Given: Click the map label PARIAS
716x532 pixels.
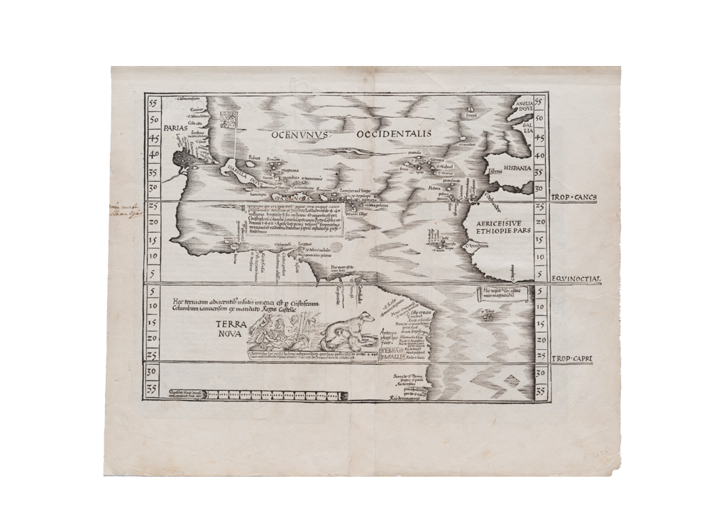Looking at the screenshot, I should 173,128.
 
